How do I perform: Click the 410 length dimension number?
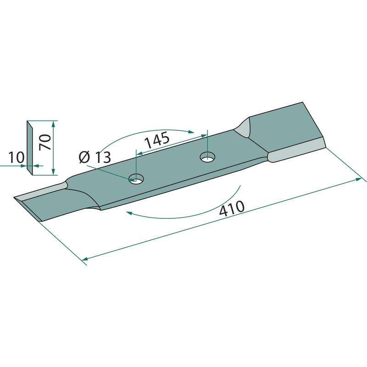pos(232,208)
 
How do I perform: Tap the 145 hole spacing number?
pos(157,140)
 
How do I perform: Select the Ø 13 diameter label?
pos(95,157)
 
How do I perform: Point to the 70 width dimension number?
pos(45,142)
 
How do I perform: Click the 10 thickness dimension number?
pos(16,157)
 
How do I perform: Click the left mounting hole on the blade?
pos(136,179)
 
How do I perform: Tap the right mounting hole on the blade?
pos(208,157)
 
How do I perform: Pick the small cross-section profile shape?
pos(30,148)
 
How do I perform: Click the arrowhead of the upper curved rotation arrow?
pos(191,132)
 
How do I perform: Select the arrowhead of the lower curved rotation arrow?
pos(129,212)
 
